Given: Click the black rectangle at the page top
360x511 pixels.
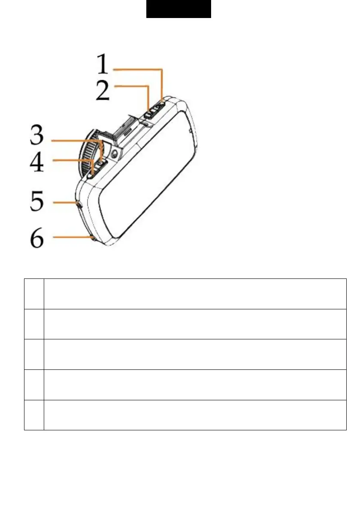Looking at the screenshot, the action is click(178, 9).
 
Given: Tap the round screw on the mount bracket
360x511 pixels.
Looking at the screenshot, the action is click(115, 153).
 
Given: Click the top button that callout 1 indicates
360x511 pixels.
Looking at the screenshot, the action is click(160, 105).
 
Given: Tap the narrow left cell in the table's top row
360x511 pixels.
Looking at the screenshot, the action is click(34, 293).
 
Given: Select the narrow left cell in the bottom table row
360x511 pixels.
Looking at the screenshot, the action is click(34, 415).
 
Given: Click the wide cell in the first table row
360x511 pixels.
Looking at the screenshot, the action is click(195, 293).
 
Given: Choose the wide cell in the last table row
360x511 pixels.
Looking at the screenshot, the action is click(195, 415).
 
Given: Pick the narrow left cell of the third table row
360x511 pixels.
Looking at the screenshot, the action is click(34, 354).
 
